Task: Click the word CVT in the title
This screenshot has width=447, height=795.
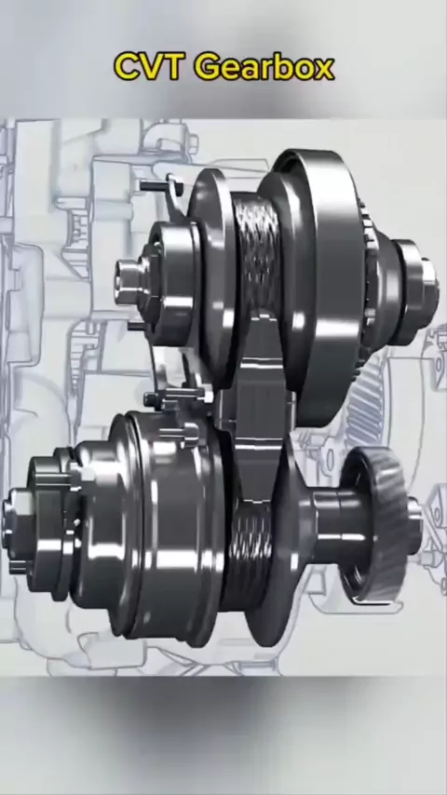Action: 147,67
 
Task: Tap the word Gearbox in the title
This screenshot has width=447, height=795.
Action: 264,67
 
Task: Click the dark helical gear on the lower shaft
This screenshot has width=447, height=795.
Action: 378,525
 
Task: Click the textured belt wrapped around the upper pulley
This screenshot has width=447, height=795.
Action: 258,249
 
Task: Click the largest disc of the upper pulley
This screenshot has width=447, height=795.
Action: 320,284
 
